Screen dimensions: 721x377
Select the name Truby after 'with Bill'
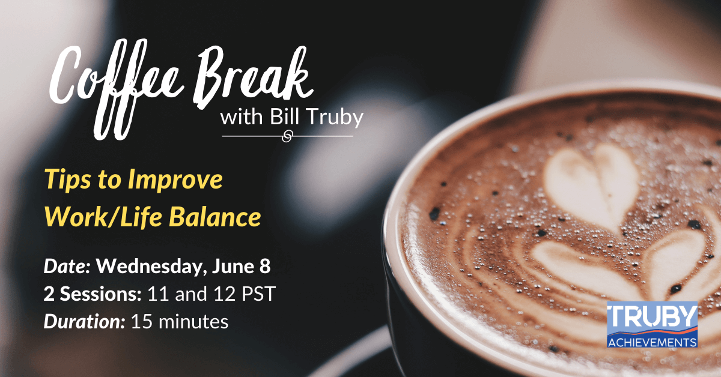tap(336, 118)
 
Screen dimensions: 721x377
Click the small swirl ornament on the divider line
tap(287, 136)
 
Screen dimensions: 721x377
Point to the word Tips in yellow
tap(68, 179)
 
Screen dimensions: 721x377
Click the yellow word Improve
tap(175, 179)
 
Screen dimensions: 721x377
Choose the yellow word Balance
tap(214, 217)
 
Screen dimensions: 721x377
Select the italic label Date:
tap(67, 267)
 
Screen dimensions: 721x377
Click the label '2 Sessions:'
tap(93, 294)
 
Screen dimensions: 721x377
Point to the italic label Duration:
tap(84, 322)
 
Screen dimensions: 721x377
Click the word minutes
tap(193, 322)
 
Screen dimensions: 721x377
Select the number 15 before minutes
tap(142, 322)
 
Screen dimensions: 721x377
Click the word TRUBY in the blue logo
tap(652, 316)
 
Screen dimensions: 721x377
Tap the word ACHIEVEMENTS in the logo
tap(652, 342)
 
